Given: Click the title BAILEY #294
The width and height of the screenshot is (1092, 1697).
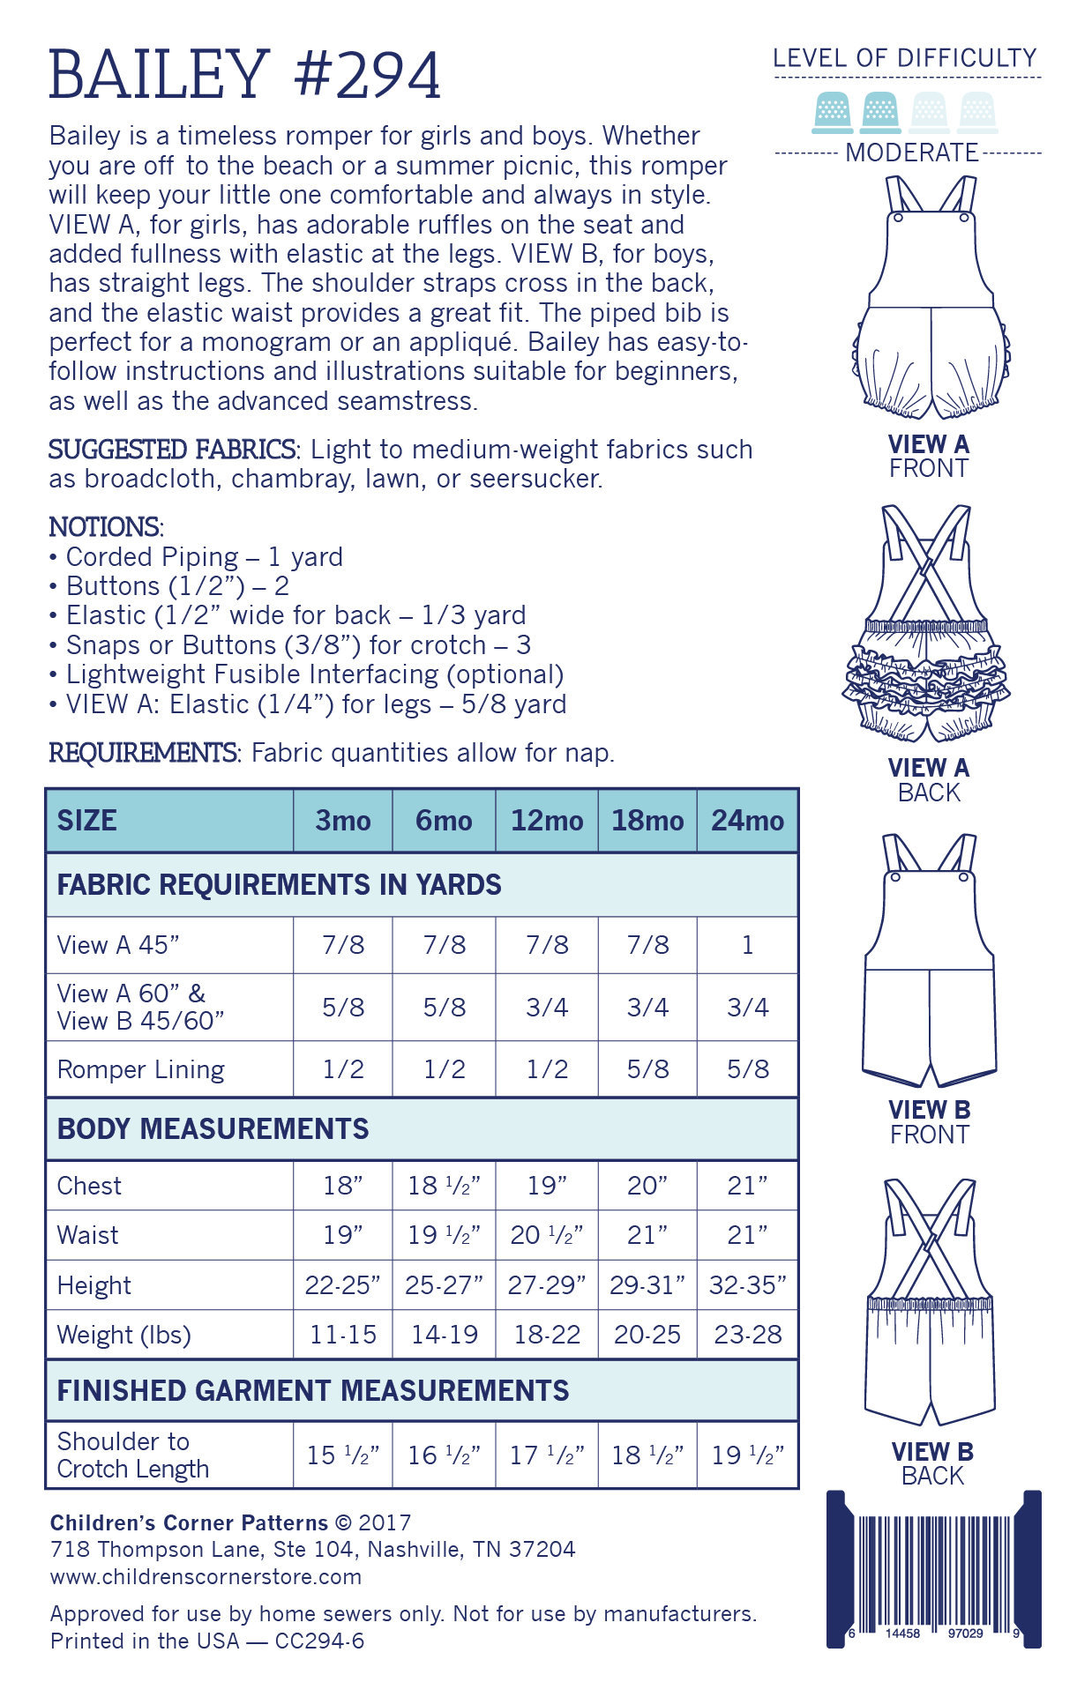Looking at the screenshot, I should (x=244, y=76).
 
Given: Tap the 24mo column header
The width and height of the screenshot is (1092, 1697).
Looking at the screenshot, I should (x=747, y=821).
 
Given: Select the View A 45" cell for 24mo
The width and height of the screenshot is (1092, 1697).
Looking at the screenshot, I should (x=747, y=945).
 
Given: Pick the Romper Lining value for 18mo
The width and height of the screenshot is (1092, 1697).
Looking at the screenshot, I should (x=647, y=1069).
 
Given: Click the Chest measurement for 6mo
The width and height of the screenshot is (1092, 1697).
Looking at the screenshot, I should (x=444, y=1186).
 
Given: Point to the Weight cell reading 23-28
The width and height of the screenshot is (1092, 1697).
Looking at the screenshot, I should (x=747, y=1335).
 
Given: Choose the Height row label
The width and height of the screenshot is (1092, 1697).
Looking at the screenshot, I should (x=94, y=1285).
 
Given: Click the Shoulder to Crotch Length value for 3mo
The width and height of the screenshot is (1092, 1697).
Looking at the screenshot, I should (x=343, y=1455).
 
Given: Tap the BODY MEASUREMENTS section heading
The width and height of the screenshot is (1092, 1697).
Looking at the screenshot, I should (x=213, y=1129).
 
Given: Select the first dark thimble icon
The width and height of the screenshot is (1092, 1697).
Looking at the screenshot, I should (x=832, y=112).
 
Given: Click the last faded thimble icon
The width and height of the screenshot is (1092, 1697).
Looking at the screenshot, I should (x=977, y=112).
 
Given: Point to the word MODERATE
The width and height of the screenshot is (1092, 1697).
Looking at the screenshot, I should (x=911, y=153).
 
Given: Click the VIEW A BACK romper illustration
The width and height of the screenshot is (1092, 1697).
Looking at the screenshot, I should (x=927, y=626).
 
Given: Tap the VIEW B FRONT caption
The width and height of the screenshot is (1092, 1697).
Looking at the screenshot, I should (x=929, y=1122).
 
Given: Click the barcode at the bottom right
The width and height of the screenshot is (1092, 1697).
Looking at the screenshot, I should (x=934, y=1569).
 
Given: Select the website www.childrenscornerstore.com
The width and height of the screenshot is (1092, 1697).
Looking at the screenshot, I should (x=206, y=1576).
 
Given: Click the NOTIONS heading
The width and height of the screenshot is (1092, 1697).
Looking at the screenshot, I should (x=106, y=527).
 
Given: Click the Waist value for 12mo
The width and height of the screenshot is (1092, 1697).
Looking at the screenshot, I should (x=547, y=1235).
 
